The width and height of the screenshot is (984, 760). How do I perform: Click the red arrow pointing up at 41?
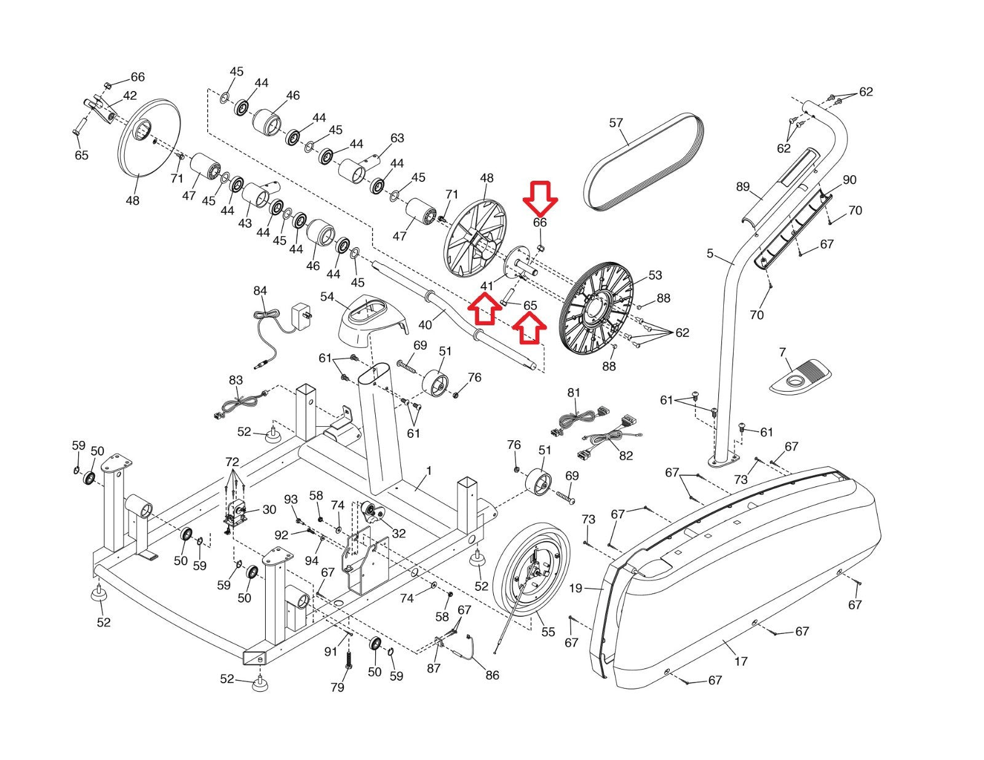coord(485,308)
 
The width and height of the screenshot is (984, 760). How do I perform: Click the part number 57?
coord(616,122)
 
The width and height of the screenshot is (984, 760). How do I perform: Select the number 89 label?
coord(743,186)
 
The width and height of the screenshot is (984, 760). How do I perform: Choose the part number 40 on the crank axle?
coord(425,325)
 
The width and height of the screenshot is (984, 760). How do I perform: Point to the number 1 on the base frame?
coord(429,471)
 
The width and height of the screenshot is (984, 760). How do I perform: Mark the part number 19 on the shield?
coord(576,588)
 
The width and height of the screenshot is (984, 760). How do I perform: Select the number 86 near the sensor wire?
coord(492,675)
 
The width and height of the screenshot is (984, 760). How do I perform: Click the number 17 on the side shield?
coord(741,662)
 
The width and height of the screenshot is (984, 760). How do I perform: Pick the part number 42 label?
coord(130,95)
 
